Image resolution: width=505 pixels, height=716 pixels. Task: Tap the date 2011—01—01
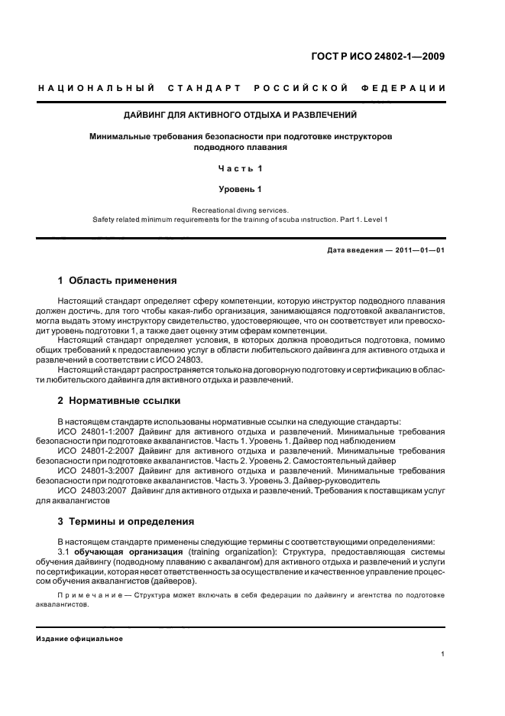click(416, 249)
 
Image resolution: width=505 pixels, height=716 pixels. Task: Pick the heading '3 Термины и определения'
click(126, 522)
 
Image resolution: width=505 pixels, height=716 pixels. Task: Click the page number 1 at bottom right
click(442, 654)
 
